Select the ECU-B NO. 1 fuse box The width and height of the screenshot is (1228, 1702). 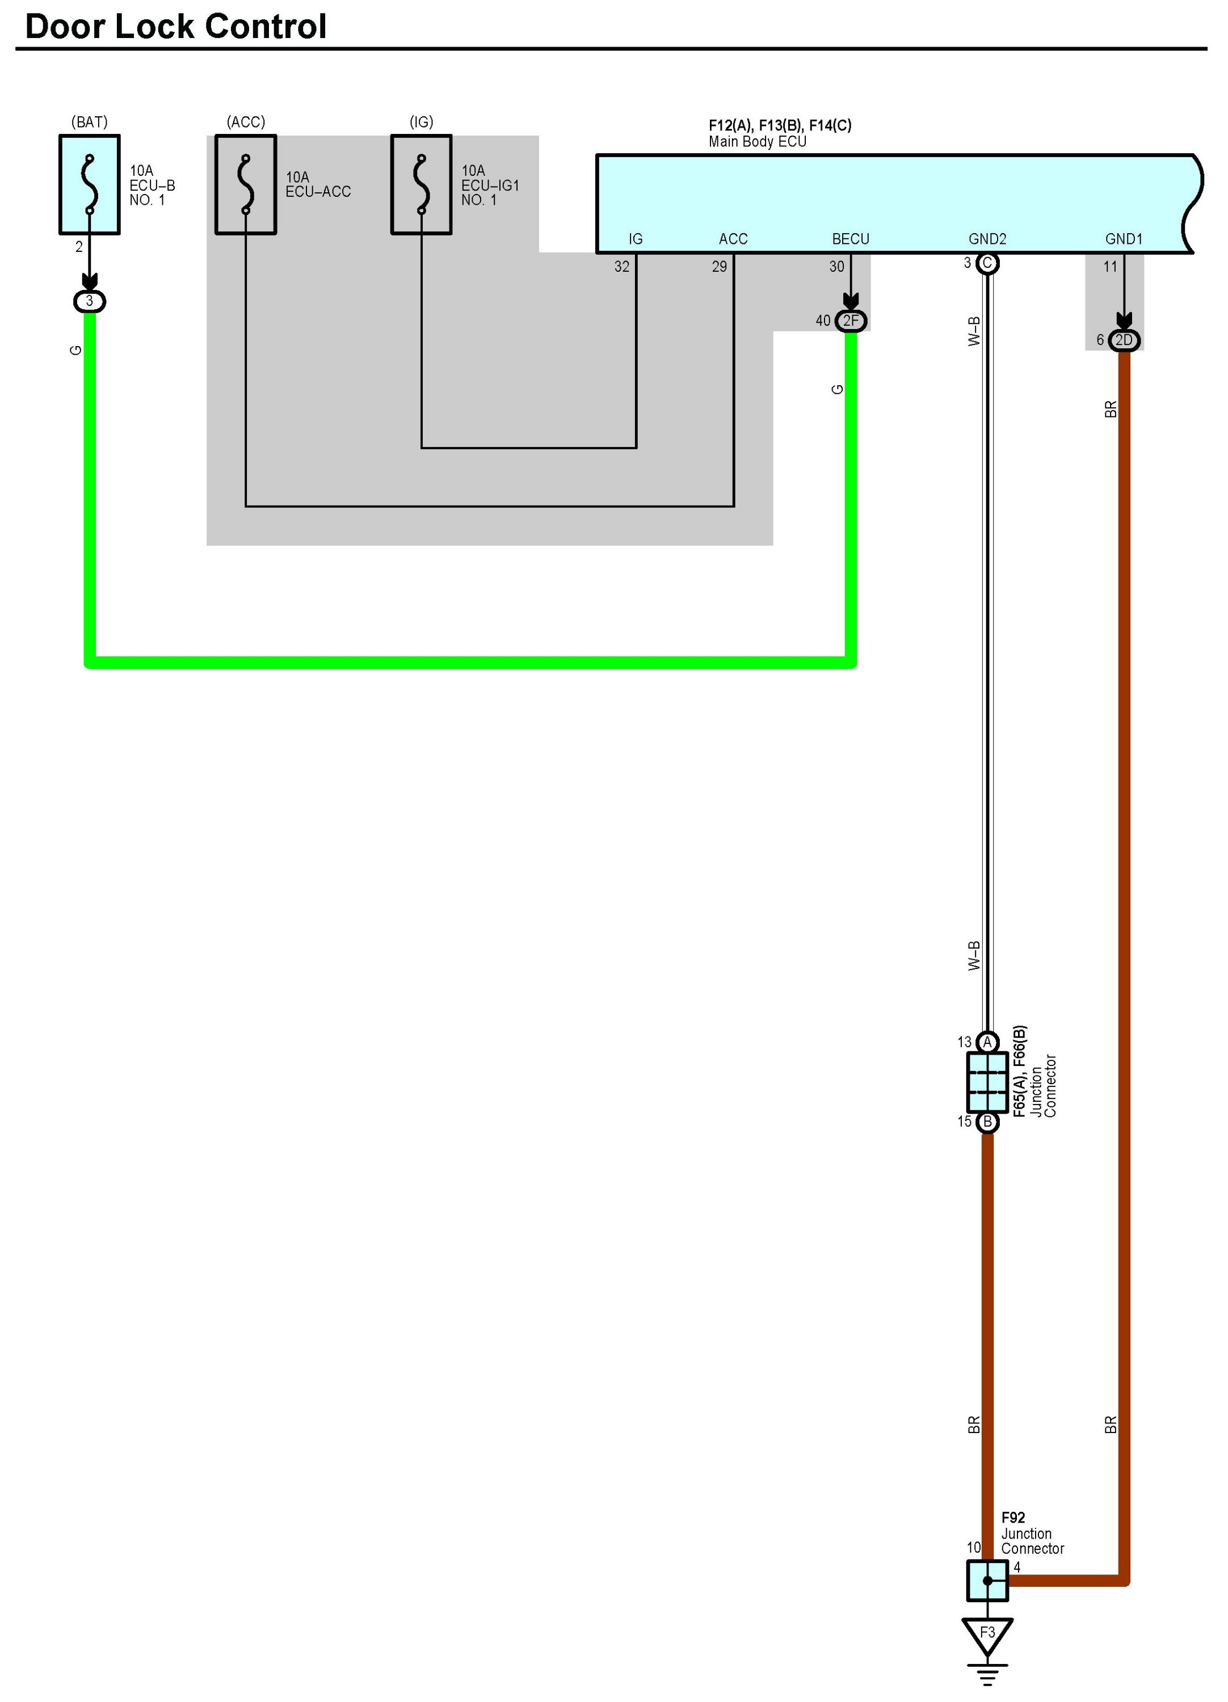[89, 184]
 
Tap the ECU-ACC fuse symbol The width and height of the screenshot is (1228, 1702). [246, 184]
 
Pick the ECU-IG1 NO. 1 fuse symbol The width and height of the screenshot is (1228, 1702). [421, 184]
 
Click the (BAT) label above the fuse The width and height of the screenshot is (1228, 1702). [89, 121]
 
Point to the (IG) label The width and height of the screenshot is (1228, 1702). [421, 121]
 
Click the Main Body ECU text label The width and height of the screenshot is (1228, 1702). [758, 142]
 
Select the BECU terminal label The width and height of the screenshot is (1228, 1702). [851, 239]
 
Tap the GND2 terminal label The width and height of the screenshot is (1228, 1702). [987, 239]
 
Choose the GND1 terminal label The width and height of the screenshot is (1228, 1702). [1124, 239]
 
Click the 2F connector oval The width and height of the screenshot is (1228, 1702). [851, 321]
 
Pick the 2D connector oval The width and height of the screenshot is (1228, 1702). [1124, 340]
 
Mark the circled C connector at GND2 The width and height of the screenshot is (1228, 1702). [987, 263]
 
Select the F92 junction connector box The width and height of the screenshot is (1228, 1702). [987, 1579]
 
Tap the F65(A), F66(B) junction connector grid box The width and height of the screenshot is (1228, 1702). [987, 1082]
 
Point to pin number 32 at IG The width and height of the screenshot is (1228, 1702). [621, 267]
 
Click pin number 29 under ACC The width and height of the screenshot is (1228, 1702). [719, 267]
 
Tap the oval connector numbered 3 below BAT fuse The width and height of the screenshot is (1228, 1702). [89, 301]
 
